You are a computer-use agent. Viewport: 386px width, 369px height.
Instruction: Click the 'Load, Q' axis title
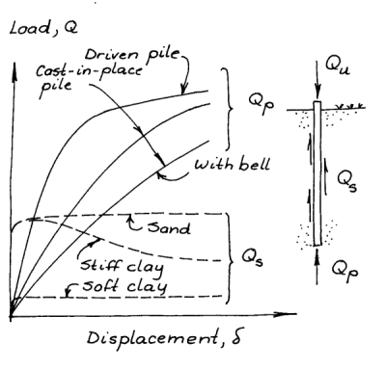tap(43, 28)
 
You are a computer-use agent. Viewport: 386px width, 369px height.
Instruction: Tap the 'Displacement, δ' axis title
tap(164, 338)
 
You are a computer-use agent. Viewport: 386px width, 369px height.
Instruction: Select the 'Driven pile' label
tap(132, 54)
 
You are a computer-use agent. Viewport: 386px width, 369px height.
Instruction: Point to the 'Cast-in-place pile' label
tap(89, 78)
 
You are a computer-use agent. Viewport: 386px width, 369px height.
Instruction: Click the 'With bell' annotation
tap(232, 164)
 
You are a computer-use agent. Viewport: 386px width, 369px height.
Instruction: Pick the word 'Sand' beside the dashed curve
tap(169, 227)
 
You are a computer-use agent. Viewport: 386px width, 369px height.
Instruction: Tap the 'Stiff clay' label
tap(122, 267)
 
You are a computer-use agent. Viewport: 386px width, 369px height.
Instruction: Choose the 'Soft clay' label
tap(124, 286)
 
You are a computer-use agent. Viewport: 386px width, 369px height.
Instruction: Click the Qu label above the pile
tap(337, 66)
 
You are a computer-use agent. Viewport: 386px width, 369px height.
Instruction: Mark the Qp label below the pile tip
tap(345, 271)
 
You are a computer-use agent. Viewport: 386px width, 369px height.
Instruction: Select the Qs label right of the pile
tap(346, 180)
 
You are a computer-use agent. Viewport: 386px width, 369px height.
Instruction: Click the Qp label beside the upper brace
tap(261, 104)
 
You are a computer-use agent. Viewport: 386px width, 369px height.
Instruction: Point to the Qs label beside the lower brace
tap(253, 258)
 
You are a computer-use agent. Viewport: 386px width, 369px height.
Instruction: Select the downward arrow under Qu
tap(317, 79)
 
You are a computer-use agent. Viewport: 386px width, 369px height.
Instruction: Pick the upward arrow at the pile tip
tap(317, 266)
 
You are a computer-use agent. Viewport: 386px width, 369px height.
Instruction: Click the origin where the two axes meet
tap(12, 316)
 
